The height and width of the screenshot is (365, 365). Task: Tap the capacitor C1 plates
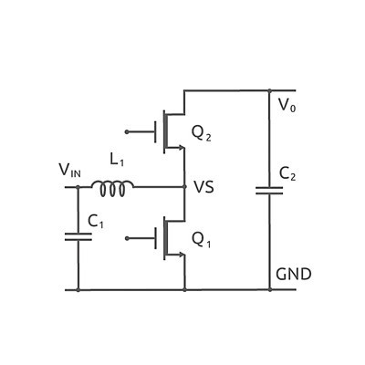pos(78,237)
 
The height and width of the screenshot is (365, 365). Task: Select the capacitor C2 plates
pos(269,191)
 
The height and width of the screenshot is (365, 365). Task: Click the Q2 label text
pos(201,133)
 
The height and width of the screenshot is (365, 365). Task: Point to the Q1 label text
pos(201,240)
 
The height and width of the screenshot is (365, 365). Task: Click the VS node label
pos(203,187)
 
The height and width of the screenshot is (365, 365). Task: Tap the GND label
pos(294,274)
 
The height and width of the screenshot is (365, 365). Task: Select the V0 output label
pos(287,105)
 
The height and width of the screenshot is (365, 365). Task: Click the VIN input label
pos(70,171)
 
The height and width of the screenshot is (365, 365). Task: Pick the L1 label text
pos(117,160)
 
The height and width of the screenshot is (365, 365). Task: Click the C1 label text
pos(96,222)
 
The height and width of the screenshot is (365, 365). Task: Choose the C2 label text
pos(287,174)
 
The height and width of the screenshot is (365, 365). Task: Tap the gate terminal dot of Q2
pos(127,132)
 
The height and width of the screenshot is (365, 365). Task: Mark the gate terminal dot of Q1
pos(127,238)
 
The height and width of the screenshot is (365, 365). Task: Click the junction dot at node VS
pos(184,186)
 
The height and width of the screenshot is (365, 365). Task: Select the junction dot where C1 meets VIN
pos(78,187)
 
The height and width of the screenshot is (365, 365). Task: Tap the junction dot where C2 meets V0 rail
pos(269,90)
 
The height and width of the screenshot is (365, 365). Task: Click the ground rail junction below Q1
pos(184,289)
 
